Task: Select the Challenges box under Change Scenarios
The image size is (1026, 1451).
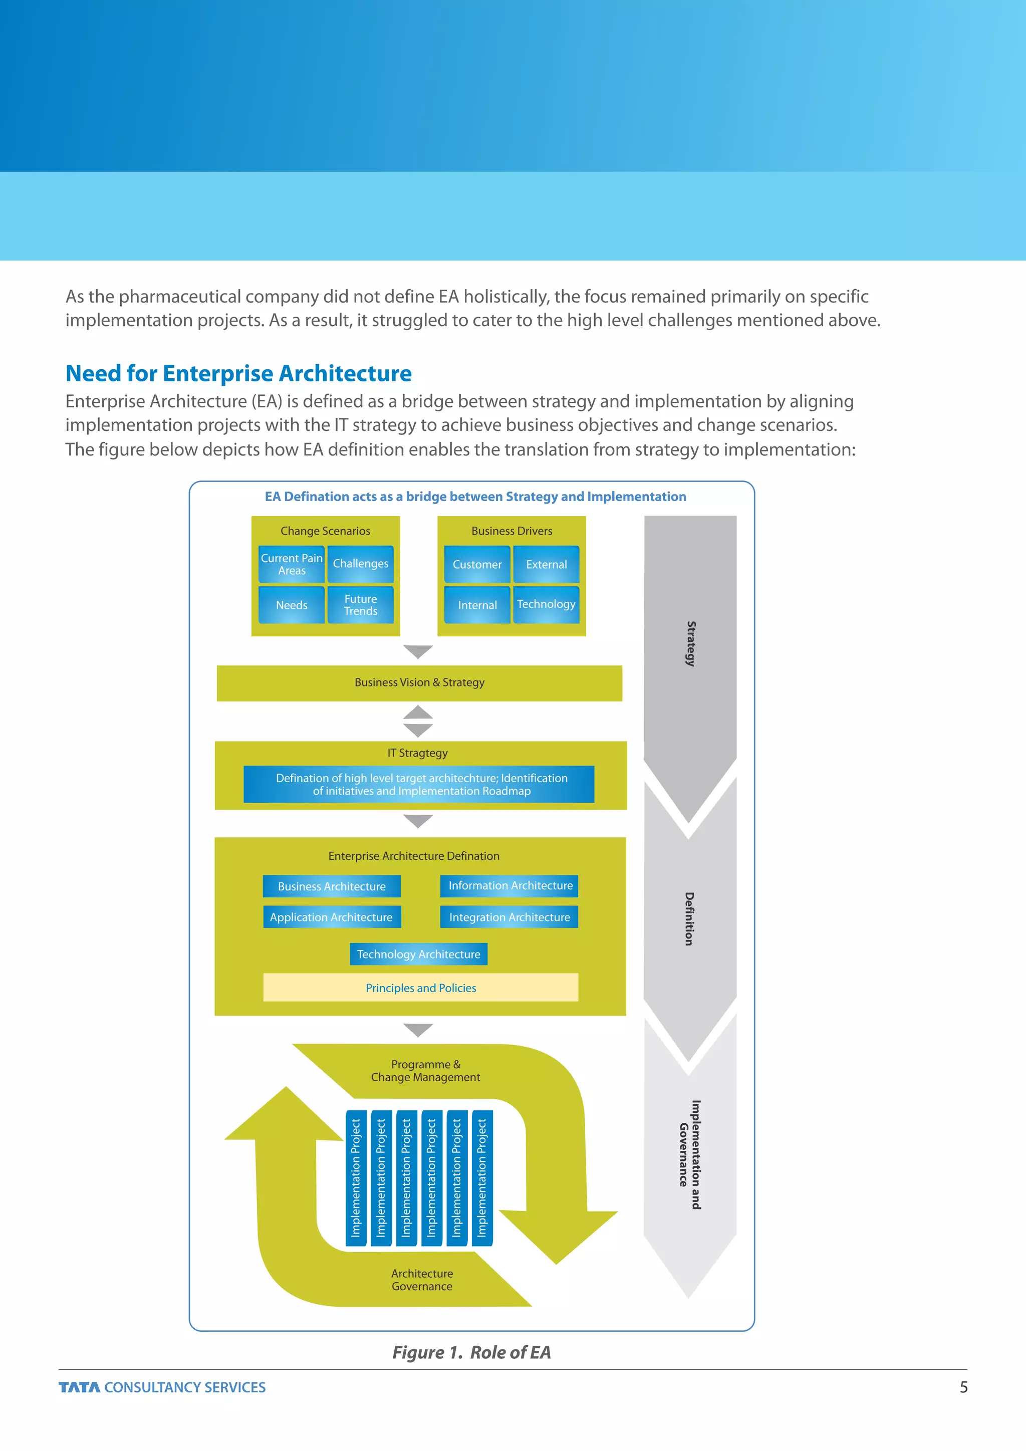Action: click(x=360, y=564)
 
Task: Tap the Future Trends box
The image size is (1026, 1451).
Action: click(x=360, y=605)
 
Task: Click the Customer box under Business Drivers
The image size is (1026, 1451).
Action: click(x=477, y=564)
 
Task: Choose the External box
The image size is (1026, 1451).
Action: click(x=547, y=564)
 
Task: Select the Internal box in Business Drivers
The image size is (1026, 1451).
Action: click(x=477, y=605)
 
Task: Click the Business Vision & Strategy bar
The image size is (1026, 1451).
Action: click(x=419, y=682)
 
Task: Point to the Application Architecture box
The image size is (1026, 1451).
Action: click(x=332, y=917)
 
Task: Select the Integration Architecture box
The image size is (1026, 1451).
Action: click(x=509, y=917)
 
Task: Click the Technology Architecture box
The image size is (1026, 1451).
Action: click(x=418, y=954)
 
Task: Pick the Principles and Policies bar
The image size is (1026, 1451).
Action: click(x=421, y=988)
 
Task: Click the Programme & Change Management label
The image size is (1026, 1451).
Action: click(x=425, y=1071)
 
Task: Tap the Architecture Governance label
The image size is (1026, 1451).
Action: click(x=422, y=1280)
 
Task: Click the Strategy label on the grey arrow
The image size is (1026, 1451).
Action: click(x=690, y=643)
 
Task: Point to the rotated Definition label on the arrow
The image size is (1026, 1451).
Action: click(x=689, y=918)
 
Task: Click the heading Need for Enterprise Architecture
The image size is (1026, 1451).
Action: click(x=239, y=373)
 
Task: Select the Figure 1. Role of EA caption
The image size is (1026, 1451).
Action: click(x=471, y=1352)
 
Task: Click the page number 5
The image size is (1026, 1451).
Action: click(x=963, y=1387)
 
